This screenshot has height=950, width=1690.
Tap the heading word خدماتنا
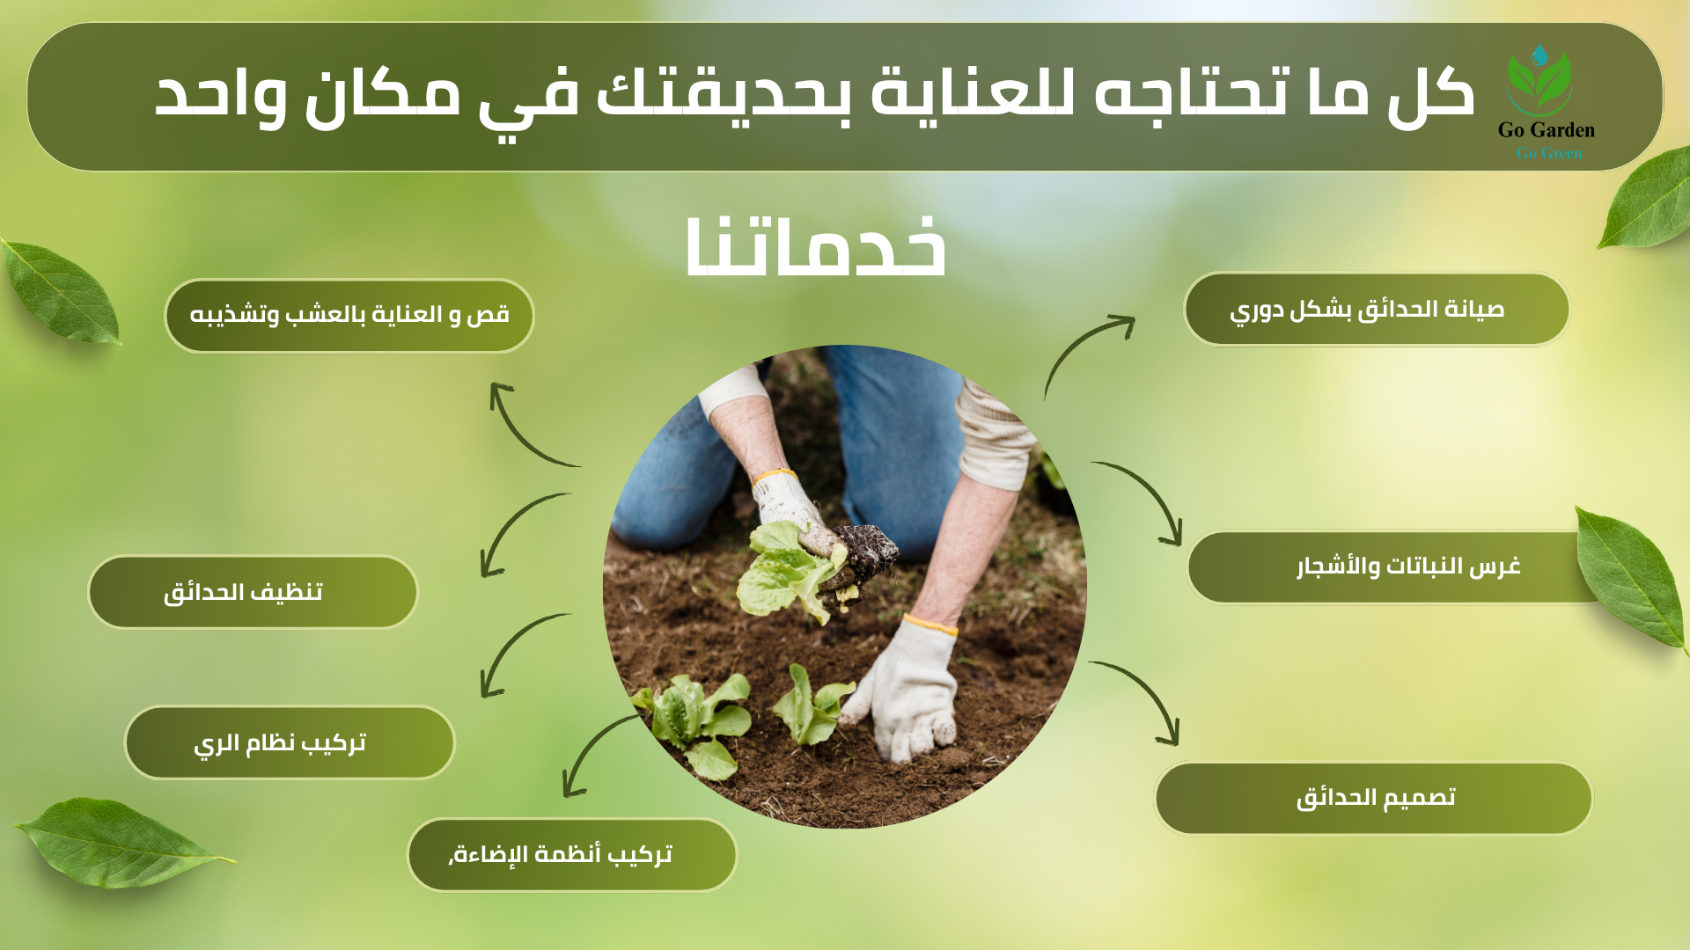816,247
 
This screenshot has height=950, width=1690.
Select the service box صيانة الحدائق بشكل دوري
1377,310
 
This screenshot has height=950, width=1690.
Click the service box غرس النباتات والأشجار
1395,566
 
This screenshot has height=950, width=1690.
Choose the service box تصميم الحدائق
1373,798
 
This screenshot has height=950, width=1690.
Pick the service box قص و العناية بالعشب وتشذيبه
349,316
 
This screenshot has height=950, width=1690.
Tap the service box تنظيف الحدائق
253,592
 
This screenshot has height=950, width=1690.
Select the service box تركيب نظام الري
290,742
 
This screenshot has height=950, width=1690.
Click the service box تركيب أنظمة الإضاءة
572,855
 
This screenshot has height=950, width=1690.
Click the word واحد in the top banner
220,93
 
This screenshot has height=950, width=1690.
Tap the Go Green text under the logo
1548,153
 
